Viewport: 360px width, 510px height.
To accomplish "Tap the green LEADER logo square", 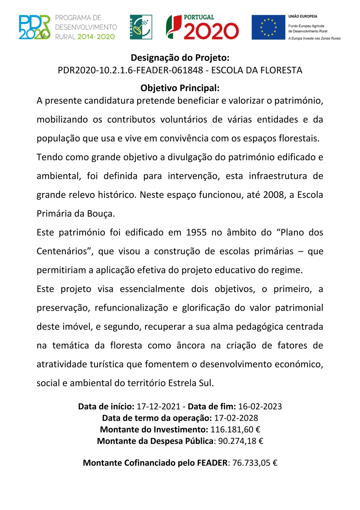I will [x=141, y=27].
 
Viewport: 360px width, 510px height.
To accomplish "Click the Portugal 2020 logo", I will [x=202, y=27].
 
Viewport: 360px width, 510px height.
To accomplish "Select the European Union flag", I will [x=268, y=27].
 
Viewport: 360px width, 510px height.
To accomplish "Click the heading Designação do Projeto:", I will [x=180, y=58].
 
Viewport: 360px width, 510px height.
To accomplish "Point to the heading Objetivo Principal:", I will [x=180, y=88].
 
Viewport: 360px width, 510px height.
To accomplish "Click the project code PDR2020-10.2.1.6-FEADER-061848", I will [x=130, y=70].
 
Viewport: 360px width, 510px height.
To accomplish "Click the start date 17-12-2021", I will [x=158, y=407].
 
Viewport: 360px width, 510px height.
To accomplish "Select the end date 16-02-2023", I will [x=260, y=407].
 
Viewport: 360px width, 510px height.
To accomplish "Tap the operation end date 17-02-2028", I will [x=236, y=418].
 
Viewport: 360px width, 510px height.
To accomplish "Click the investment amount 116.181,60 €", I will [x=235, y=430].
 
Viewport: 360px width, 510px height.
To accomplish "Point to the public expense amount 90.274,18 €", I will [x=240, y=441].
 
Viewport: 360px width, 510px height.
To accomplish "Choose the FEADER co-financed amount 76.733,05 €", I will [x=255, y=463].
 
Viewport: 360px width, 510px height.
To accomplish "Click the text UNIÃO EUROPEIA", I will [x=303, y=17].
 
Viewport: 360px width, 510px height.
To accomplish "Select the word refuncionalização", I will [x=131, y=308].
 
